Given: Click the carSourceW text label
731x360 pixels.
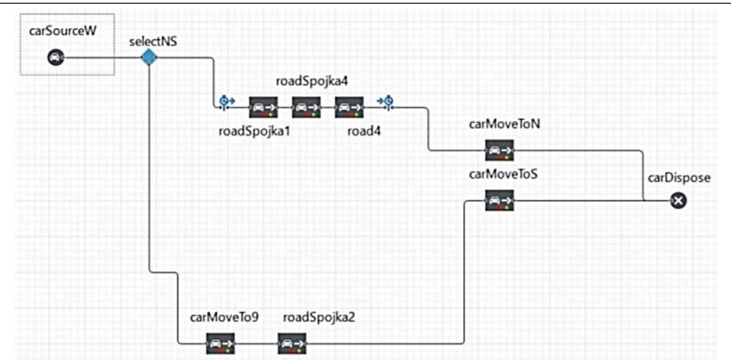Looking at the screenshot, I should [x=62, y=31].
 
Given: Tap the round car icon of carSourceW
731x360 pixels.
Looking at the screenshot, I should [x=56, y=58].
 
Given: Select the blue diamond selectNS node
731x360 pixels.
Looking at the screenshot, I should [x=149, y=58].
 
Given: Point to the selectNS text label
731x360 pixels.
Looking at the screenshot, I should [x=153, y=42].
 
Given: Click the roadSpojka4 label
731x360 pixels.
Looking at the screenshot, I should [x=312, y=81].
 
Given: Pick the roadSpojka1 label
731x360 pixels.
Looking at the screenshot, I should [x=254, y=131].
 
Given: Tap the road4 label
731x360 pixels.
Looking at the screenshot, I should [x=364, y=131].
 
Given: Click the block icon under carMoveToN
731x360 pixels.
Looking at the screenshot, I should [x=499, y=150].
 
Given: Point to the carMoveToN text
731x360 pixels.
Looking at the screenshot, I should [x=504, y=124].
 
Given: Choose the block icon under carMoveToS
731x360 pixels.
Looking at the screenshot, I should [x=499, y=201].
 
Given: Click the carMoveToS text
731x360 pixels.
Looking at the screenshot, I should [x=503, y=174].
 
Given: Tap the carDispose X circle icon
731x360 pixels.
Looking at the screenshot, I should [x=678, y=200].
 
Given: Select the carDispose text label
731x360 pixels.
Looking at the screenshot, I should [x=679, y=178].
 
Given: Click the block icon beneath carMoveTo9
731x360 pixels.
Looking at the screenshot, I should [x=220, y=343].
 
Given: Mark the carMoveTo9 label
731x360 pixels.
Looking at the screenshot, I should [x=224, y=317].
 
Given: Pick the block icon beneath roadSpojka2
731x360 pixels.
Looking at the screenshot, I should [x=292, y=343].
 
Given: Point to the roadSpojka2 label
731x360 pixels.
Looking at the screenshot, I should [x=319, y=317].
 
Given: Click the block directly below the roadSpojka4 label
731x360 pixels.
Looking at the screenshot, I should [x=306, y=107].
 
